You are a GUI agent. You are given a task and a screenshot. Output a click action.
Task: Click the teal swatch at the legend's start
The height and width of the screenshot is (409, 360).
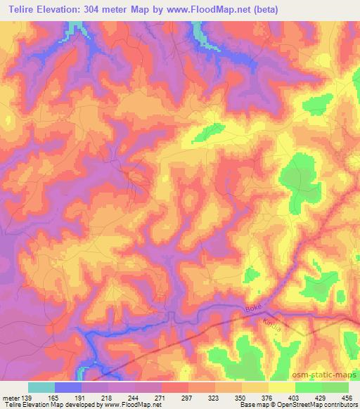[41, 387]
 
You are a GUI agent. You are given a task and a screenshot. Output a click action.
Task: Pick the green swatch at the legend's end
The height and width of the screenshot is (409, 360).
[335, 387]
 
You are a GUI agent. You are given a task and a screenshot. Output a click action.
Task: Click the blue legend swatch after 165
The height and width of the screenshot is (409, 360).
[68, 387]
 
